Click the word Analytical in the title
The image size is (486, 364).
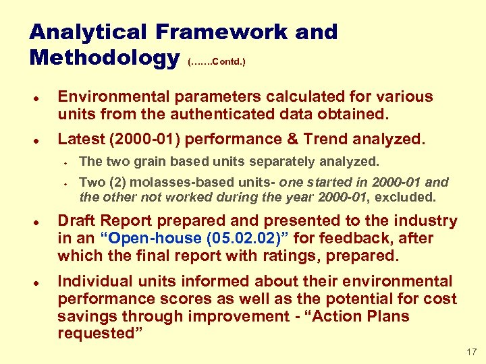88,32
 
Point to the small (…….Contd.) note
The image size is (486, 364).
217,62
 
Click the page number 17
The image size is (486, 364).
471,351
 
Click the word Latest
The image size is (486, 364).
79,140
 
